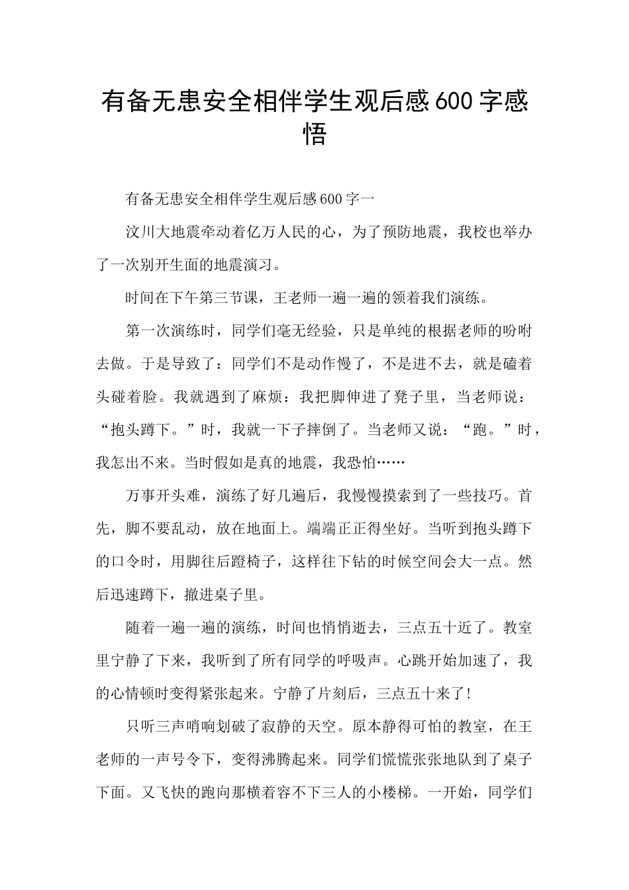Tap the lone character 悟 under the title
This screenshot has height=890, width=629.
[314, 134]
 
